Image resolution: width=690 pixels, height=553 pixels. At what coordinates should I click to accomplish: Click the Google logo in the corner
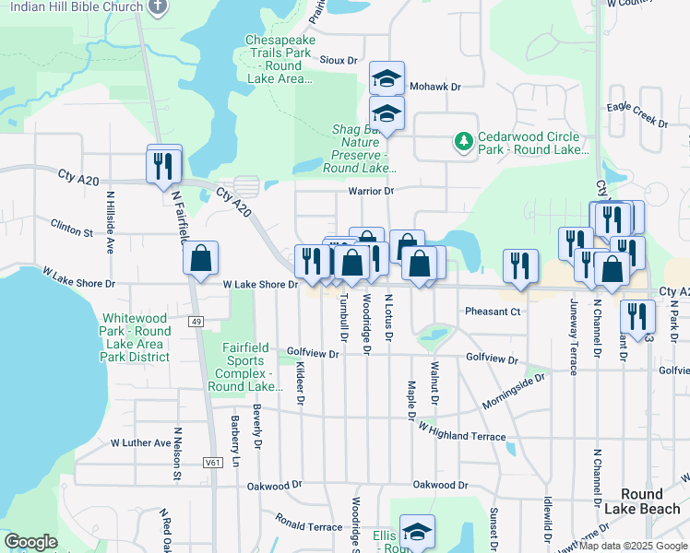(x=30, y=543)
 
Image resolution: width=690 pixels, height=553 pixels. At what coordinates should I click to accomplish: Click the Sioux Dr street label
(x=339, y=60)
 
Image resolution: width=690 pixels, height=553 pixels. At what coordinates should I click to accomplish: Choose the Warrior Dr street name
(x=371, y=191)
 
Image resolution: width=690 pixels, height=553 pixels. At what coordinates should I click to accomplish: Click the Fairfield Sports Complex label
(x=245, y=367)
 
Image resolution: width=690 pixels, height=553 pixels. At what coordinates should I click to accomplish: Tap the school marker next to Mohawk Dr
(x=387, y=79)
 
